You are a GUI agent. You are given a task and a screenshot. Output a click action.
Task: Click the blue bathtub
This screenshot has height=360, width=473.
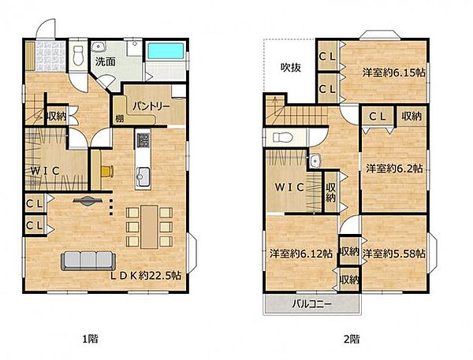coord(166,51)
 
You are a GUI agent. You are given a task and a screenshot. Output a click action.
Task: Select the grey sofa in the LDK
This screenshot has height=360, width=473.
coord(88,261)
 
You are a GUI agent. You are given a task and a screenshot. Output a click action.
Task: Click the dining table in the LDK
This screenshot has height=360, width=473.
coord(149,227)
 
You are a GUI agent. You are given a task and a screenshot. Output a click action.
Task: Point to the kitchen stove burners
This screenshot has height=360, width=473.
coord(143,140)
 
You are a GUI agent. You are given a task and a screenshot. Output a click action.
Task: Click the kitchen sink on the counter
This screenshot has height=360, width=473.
coord(143,177)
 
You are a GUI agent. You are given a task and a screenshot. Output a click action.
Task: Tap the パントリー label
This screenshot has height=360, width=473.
coord(151,106)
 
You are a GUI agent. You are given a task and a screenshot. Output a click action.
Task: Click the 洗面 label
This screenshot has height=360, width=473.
coord(106,61)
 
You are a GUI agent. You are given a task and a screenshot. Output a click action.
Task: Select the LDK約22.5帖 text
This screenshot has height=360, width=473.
coord(146,275)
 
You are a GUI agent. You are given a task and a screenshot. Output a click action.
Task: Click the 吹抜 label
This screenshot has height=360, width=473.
coord(291,68)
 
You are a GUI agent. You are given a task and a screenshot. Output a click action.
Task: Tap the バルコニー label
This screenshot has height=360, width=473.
coord(311,303)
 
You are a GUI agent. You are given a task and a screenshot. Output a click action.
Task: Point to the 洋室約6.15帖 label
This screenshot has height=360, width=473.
coord(393,72)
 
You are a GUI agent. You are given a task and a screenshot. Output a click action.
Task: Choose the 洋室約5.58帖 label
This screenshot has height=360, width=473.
coord(394,254)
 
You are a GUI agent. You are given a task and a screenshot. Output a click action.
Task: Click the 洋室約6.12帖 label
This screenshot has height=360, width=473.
coord(301,254)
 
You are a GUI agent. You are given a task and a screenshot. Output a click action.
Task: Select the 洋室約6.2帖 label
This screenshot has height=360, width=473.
coord(394,169)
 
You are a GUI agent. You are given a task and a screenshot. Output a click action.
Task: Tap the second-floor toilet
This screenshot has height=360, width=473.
coord(283,138)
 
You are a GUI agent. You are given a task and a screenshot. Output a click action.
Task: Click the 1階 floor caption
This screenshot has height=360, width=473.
coord(90,339)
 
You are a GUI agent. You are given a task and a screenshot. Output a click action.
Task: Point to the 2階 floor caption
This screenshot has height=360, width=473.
coord(352,340)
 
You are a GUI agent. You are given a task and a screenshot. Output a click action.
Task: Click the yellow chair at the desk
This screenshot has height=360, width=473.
coord(107,171)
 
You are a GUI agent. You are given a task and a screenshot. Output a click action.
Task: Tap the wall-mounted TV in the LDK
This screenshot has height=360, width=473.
coord(88,201)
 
